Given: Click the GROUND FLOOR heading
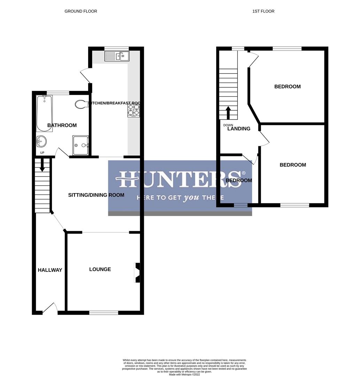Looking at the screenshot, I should tap(81, 11).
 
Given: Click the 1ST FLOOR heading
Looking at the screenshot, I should tap(263, 11).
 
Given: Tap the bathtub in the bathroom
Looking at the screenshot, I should tap(44, 113).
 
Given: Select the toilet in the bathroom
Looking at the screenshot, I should tap(81, 104).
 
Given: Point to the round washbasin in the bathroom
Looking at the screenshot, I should tap(41, 141).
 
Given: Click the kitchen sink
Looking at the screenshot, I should tap(117, 56).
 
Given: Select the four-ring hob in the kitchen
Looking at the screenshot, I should tap(134, 110).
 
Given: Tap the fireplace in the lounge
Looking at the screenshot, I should tap(137, 272).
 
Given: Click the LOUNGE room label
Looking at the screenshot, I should tap(100, 269).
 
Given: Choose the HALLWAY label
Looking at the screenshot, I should tap(50, 270).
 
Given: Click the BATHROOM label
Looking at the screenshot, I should tap(62, 125).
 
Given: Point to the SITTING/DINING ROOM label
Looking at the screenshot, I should tap(96, 195).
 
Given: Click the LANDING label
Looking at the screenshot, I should tap(239, 128).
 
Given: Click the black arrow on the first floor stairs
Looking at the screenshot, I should tap(228, 112).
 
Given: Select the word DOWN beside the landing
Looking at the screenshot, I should tap(228, 125).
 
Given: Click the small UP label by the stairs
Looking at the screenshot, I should tap(42, 153).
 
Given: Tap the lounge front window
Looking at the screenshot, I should tap(104, 313).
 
